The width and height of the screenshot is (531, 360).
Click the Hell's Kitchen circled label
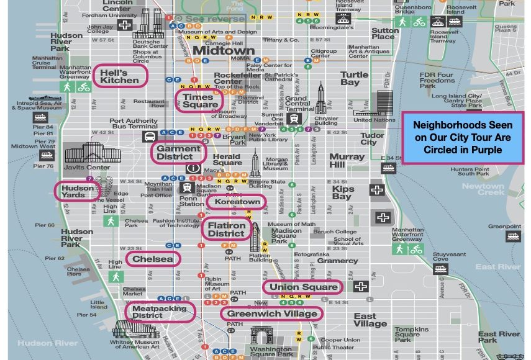[120, 76]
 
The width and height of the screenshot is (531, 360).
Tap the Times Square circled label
[201, 101]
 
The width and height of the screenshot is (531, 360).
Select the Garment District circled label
[178, 152]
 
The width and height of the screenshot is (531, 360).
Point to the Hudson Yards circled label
[78, 191]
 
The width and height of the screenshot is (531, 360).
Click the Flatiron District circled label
[226, 230]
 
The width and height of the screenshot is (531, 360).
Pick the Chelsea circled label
[153, 259]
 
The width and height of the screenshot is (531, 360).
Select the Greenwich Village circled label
[271, 313]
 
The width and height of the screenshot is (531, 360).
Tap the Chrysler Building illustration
[321, 99]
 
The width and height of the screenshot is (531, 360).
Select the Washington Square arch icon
[262, 335]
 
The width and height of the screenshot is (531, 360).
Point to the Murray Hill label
[347, 161]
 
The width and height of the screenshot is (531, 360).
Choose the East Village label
[370, 320]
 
